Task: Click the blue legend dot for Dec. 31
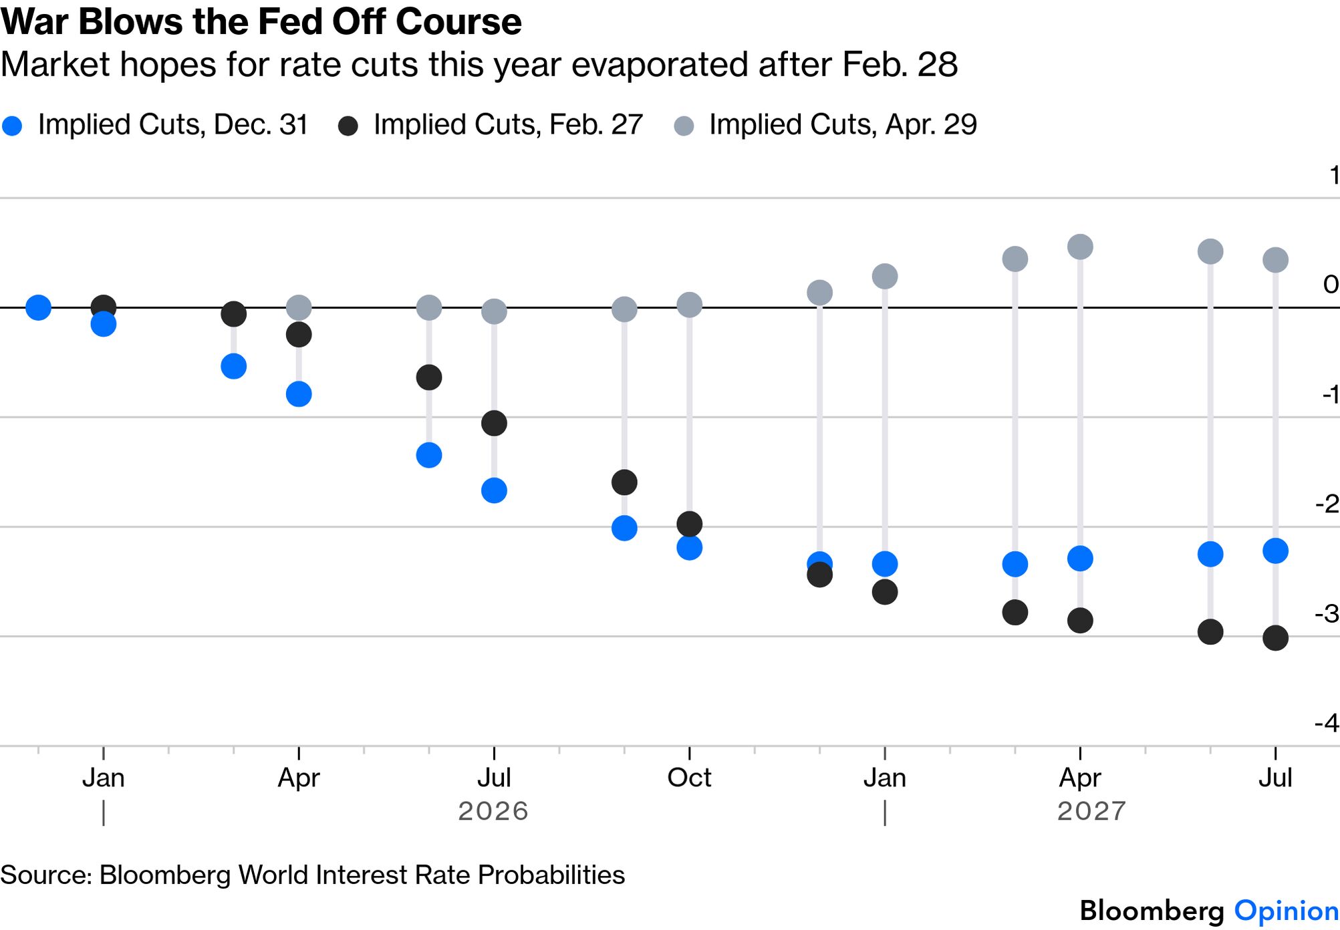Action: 12,126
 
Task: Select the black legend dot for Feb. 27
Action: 348,126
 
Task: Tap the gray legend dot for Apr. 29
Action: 684,126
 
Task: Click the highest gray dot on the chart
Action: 1080,247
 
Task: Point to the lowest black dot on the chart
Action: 1275,638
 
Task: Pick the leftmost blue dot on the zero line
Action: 38,307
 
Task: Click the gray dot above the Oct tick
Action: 689,305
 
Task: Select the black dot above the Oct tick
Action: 689,524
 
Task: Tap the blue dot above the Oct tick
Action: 689,548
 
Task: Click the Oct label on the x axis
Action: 689,778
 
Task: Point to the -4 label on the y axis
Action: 1326,723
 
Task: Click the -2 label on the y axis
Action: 1326,504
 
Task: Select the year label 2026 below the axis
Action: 493,811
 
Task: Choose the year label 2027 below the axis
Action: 1091,811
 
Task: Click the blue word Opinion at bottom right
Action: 1286,911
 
